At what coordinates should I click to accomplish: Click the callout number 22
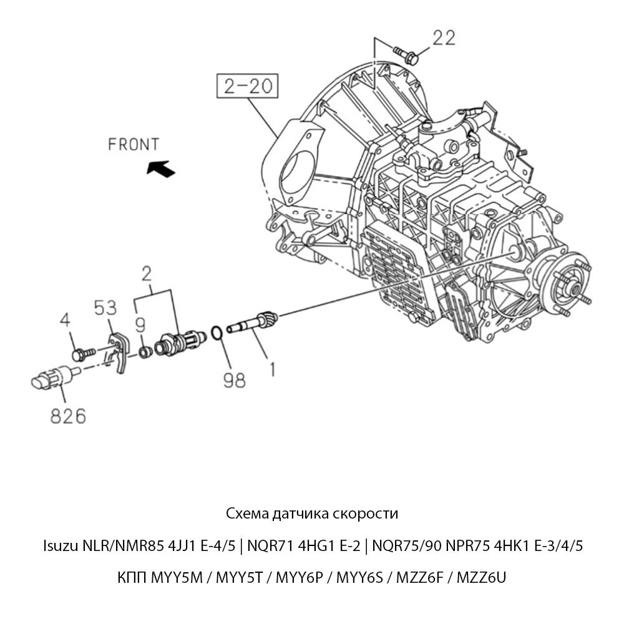point(444,38)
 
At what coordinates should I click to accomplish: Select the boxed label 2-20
point(247,86)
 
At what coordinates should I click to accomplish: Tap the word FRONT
point(134,145)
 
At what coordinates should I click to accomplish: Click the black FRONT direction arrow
point(160,167)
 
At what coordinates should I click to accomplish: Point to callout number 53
point(106,308)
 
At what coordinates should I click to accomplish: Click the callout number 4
point(66,321)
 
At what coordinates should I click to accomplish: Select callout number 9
point(141,324)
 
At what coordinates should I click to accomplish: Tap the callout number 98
point(234,380)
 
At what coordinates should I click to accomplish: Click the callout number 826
point(68,416)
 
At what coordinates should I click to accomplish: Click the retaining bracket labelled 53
point(118,352)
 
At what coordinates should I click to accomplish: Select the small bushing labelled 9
point(145,352)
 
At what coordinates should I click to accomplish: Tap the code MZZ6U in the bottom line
point(481,577)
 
